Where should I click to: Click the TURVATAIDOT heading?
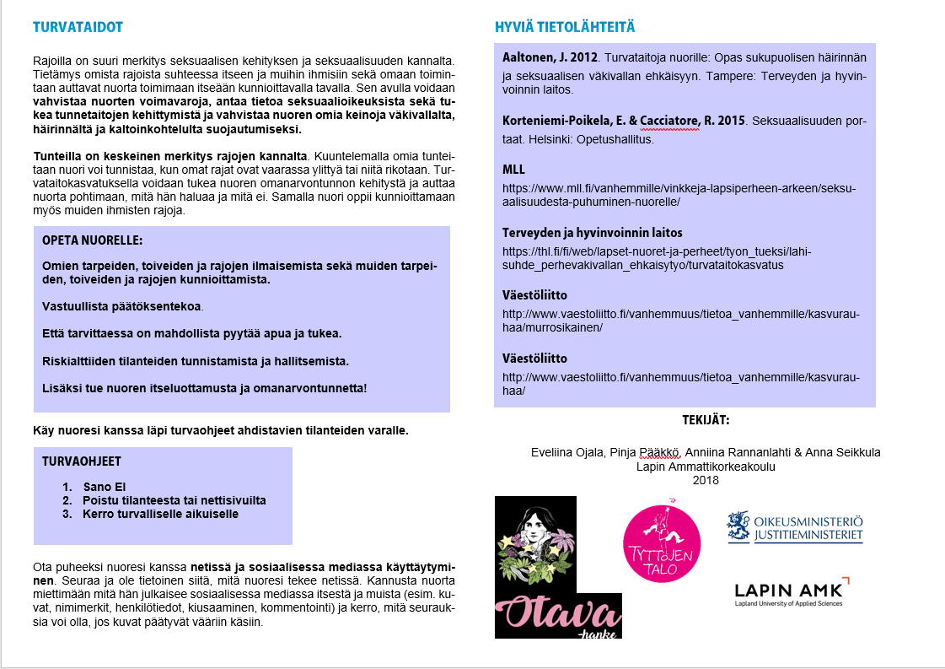tap(78, 27)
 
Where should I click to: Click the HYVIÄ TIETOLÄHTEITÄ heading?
tap(565, 27)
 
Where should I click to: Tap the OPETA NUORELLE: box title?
tap(93, 240)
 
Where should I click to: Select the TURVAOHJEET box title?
tap(82, 461)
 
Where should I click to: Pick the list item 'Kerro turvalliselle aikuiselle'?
tap(160, 514)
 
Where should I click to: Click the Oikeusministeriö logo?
tap(795, 526)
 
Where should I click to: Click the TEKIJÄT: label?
tap(706, 419)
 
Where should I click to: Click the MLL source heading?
tap(513, 170)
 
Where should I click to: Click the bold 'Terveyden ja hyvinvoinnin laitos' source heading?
tap(593, 232)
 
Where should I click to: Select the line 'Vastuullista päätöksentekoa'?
tap(122, 306)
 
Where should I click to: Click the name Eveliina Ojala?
tap(567, 452)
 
